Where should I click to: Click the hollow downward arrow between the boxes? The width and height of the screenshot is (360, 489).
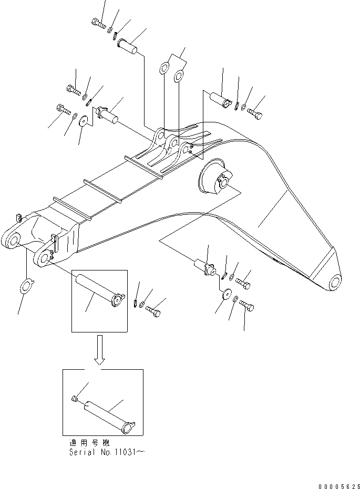coord(100,350)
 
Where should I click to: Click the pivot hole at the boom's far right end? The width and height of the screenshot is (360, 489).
coord(333,284)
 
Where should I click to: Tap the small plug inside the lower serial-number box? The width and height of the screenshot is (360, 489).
coord(75,401)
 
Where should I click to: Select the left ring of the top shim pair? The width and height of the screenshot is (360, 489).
coord(164,69)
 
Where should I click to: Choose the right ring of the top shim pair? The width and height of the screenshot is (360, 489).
coord(179,77)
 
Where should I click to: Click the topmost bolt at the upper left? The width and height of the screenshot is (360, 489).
coord(98,22)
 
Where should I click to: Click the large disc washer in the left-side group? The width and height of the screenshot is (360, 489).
coord(83,123)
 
